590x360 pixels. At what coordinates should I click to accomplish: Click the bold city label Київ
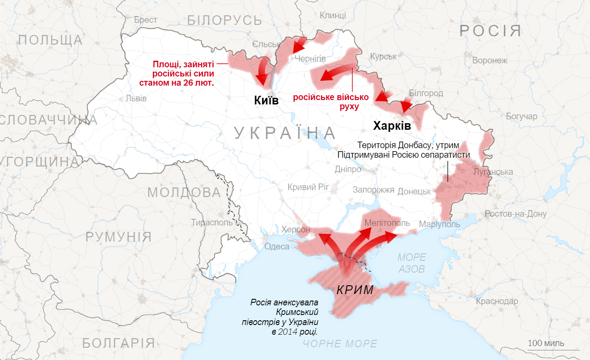click(x=266, y=100)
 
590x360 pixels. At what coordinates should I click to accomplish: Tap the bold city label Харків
click(x=392, y=126)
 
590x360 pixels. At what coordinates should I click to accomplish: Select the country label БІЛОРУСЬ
click(x=224, y=20)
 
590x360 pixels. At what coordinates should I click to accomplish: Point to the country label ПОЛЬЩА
click(x=50, y=40)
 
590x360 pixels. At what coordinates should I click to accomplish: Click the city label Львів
click(x=136, y=98)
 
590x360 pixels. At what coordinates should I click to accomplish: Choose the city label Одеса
click(x=277, y=246)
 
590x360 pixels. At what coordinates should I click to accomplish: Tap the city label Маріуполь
click(x=439, y=224)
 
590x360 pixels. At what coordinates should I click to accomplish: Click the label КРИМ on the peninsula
click(x=354, y=290)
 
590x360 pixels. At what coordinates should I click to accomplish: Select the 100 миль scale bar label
click(x=545, y=343)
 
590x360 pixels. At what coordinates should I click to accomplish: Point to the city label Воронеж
click(x=489, y=60)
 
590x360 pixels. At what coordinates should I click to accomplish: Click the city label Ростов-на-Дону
click(x=515, y=214)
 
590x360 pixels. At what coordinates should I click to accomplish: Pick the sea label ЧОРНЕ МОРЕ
click(x=340, y=344)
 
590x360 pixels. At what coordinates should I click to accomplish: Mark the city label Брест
click(x=146, y=20)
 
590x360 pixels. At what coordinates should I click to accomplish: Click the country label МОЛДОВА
click(x=184, y=192)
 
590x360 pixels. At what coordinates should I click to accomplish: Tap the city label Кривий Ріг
click(x=308, y=187)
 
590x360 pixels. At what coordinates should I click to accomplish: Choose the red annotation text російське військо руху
click(x=330, y=102)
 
